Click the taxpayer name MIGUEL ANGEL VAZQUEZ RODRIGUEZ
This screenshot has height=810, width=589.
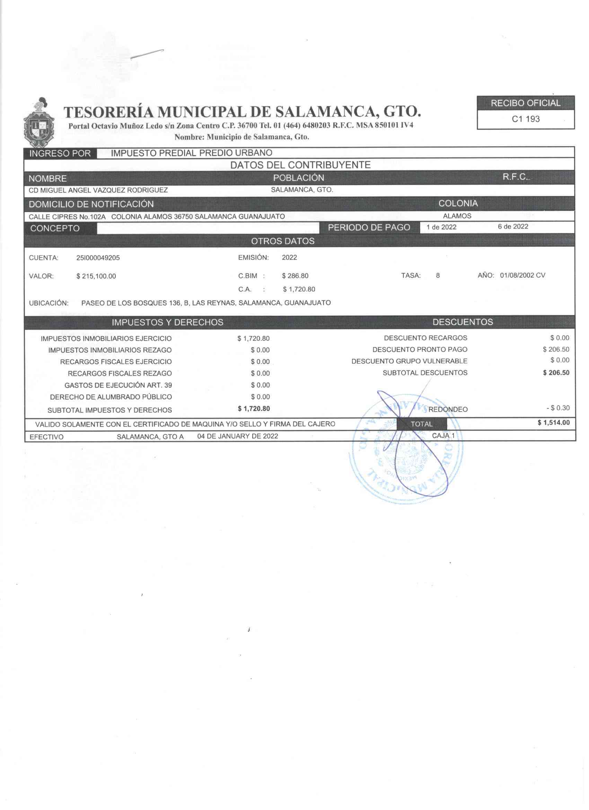(98, 190)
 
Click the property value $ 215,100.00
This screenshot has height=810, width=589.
(96, 276)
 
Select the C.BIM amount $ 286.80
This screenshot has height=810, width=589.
(295, 276)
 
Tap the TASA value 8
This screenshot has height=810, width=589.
(438, 276)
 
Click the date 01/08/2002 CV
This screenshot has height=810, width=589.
(522, 276)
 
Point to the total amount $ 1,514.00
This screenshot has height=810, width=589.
(553, 423)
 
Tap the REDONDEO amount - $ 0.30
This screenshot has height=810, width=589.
(557, 408)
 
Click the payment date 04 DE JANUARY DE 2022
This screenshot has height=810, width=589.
(238, 436)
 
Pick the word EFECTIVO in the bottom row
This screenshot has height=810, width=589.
(46, 437)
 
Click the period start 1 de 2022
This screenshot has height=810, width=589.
(441, 227)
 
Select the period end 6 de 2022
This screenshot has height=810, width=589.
(513, 227)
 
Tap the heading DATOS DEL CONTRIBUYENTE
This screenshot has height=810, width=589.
(300, 165)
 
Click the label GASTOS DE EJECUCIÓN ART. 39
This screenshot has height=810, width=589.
(118, 386)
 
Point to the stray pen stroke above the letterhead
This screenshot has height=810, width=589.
(147, 54)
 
